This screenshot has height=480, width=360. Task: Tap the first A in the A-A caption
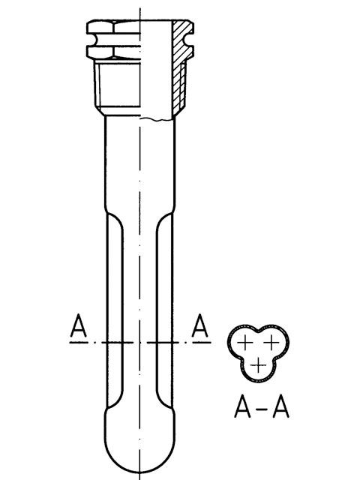tap(242, 406)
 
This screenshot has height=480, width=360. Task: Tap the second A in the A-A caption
tap(280, 406)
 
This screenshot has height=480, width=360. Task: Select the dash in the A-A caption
tap(262, 408)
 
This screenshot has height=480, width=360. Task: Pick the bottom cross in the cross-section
tap(258, 365)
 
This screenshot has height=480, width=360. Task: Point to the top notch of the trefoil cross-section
tap(258, 331)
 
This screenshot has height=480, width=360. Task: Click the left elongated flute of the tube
tap(115, 310)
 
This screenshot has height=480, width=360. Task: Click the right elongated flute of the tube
tap(165, 310)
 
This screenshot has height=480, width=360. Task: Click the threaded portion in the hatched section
tap(182, 86)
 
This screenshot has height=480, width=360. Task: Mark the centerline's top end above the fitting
tap(140, 8)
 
